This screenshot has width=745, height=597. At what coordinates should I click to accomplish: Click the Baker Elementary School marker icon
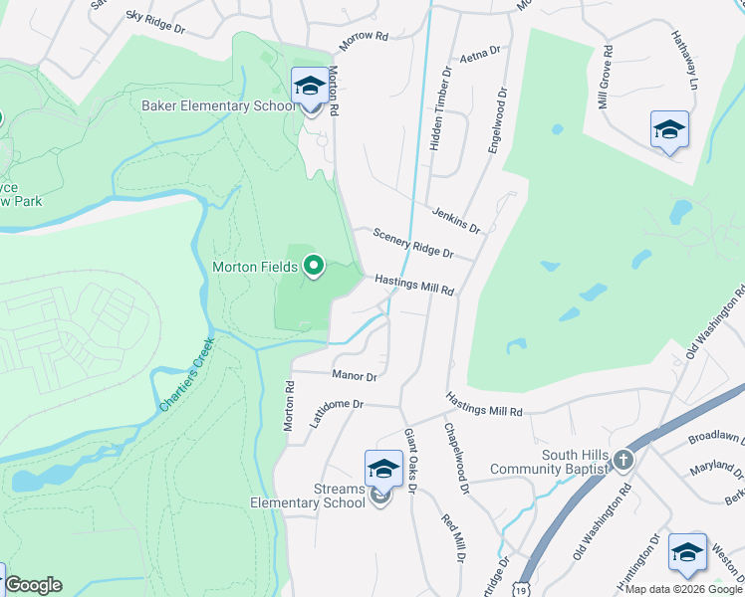point(310,89)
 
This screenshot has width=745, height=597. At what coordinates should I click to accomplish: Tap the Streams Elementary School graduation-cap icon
point(383,469)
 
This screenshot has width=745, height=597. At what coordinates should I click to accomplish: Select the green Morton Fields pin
point(314,266)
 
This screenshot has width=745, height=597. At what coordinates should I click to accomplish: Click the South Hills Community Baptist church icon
point(622,460)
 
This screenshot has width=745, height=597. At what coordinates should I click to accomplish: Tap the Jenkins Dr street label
point(456,220)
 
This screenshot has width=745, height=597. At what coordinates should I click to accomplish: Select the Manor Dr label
point(354,376)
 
